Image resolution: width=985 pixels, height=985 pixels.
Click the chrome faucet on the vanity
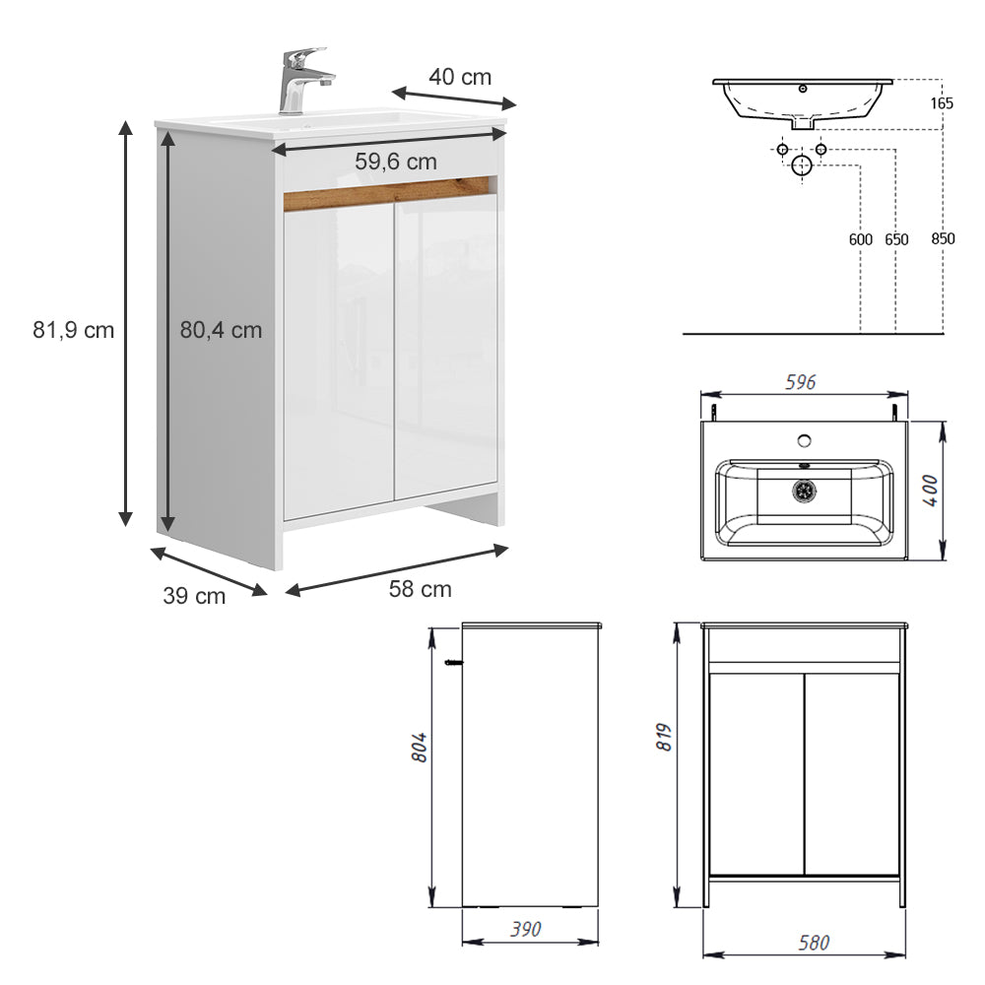click(x=298, y=81)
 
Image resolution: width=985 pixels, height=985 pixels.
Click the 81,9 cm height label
click(x=73, y=331)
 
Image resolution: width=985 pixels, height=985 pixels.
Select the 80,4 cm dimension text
click(x=221, y=331)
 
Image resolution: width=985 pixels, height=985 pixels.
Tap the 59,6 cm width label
click(x=396, y=162)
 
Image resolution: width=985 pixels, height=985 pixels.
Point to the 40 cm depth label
click(x=459, y=77)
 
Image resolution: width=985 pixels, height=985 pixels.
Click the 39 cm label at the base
click(x=194, y=596)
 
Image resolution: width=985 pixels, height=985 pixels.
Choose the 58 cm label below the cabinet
click(x=421, y=590)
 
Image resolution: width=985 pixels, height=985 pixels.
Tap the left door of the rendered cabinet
click(x=339, y=360)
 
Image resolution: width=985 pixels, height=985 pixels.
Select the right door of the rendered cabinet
click(x=445, y=350)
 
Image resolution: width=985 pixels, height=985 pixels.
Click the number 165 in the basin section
click(x=942, y=102)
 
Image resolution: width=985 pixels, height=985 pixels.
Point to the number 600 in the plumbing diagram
click(x=861, y=239)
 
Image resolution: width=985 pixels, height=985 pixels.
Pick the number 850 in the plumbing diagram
click(x=943, y=239)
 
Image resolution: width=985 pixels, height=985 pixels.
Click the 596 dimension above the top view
click(x=800, y=383)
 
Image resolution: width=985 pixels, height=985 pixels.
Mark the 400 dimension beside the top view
click(x=928, y=491)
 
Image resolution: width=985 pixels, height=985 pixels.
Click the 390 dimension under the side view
click(x=527, y=929)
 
